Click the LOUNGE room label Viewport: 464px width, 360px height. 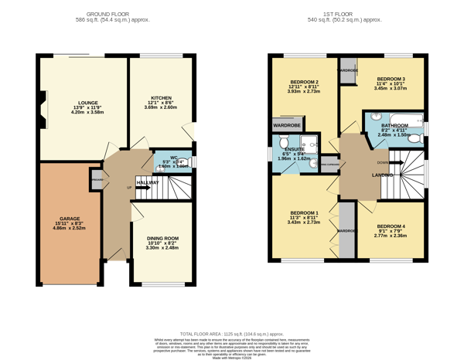(x=87, y=102)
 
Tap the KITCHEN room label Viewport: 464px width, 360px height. (x=160, y=98)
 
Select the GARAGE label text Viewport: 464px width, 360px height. (x=70, y=219)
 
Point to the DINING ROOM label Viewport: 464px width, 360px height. (x=162, y=238)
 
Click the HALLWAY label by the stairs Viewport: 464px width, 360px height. (x=148, y=182)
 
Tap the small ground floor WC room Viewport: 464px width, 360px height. (x=172, y=163)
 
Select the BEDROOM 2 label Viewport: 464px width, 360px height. (x=304, y=82)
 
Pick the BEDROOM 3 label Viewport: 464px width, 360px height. (x=391, y=79)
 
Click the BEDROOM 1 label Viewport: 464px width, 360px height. (x=304, y=212)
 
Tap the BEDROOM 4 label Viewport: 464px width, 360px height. (x=391, y=226)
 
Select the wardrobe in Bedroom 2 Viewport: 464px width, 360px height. (x=287, y=124)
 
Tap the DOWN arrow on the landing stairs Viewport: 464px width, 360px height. (x=383, y=162)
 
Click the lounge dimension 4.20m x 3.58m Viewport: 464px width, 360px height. (x=87, y=112)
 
